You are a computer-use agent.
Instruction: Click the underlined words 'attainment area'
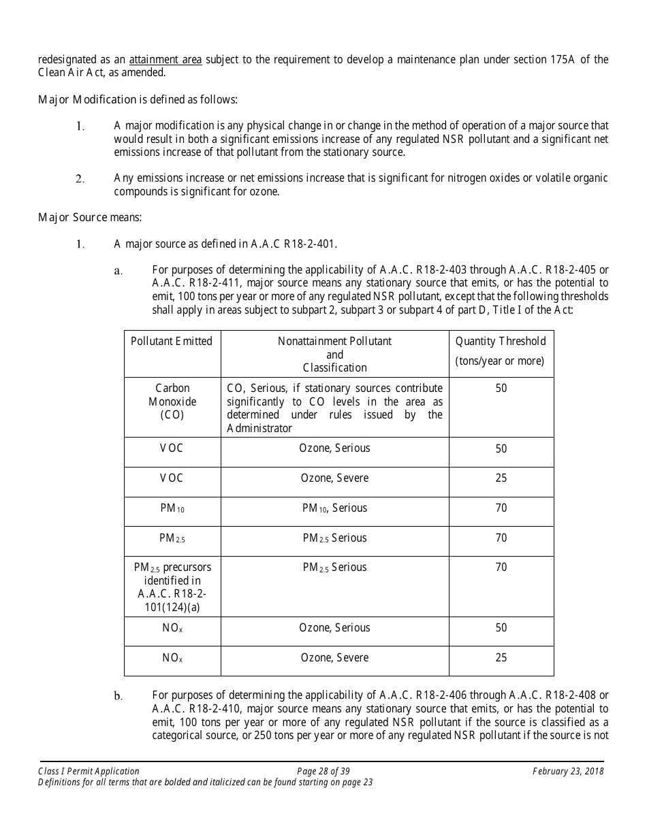click(165, 59)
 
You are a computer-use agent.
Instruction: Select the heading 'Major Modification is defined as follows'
click(138, 100)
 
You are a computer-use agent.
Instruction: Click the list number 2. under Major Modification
click(80, 179)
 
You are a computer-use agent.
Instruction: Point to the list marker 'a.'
click(119, 271)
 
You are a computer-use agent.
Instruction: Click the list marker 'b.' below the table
click(119, 695)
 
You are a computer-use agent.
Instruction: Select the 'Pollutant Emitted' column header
click(172, 342)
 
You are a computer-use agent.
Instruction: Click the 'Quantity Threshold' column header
click(501, 342)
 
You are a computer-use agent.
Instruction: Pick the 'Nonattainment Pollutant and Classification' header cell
click(334, 354)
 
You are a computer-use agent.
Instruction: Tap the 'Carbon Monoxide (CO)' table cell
click(172, 401)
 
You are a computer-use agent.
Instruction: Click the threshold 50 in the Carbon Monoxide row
click(501, 389)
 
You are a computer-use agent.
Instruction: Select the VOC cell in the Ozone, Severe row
click(172, 478)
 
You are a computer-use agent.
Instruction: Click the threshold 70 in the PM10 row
click(501, 508)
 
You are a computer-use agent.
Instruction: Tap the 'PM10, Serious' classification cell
click(334, 508)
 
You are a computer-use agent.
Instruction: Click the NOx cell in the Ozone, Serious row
click(172, 628)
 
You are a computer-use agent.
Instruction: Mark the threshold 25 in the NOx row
click(501, 658)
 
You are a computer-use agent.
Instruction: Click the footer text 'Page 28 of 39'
click(323, 771)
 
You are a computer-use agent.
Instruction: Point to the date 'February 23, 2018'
click(568, 771)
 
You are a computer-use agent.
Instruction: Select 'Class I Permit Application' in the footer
click(89, 771)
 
